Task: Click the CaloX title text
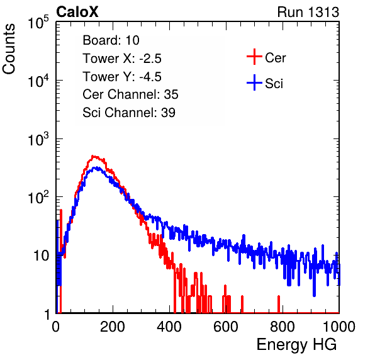[x=77, y=12]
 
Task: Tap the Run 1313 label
[x=308, y=12]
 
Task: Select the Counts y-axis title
[x=9, y=49]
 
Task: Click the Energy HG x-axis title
[x=296, y=345]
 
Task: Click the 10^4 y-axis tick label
[x=38, y=81]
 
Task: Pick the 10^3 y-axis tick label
[x=38, y=139]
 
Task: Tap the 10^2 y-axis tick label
[x=38, y=198]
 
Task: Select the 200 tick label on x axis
[x=113, y=327]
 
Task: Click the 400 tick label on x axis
[x=169, y=327]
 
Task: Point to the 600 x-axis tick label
[x=226, y=327]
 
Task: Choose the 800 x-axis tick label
[x=283, y=327]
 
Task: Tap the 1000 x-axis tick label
[x=339, y=327]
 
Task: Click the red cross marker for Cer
[x=254, y=57]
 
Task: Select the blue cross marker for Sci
[x=254, y=83]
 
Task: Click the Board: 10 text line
[x=111, y=40]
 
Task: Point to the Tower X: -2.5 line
[x=122, y=59]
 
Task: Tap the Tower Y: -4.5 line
[x=122, y=77]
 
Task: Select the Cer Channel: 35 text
[x=130, y=94]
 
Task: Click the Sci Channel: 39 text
[x=129, y=113]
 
